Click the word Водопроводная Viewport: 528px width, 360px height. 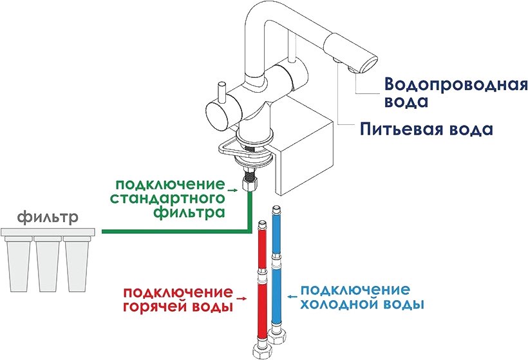click(x=455, y=84)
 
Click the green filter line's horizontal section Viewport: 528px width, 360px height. click(x=174, y=231)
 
